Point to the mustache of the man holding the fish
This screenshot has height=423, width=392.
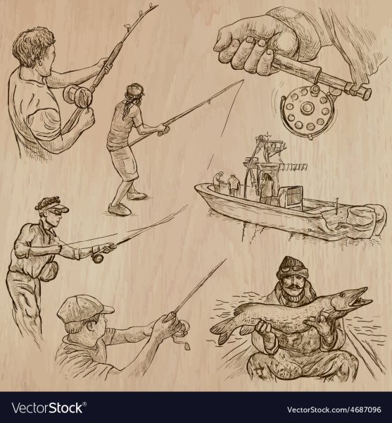pyautogui.click(x=293, y=287)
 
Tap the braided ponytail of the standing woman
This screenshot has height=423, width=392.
pyautogui.click(x=127, y=106)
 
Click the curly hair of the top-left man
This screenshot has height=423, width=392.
pyautogui.click(x=33, y=45)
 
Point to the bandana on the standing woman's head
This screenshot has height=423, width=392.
pyautogui.click(x=134, y=90)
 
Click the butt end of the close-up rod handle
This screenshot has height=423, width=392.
pyautogui.click(x=367, y=93)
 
